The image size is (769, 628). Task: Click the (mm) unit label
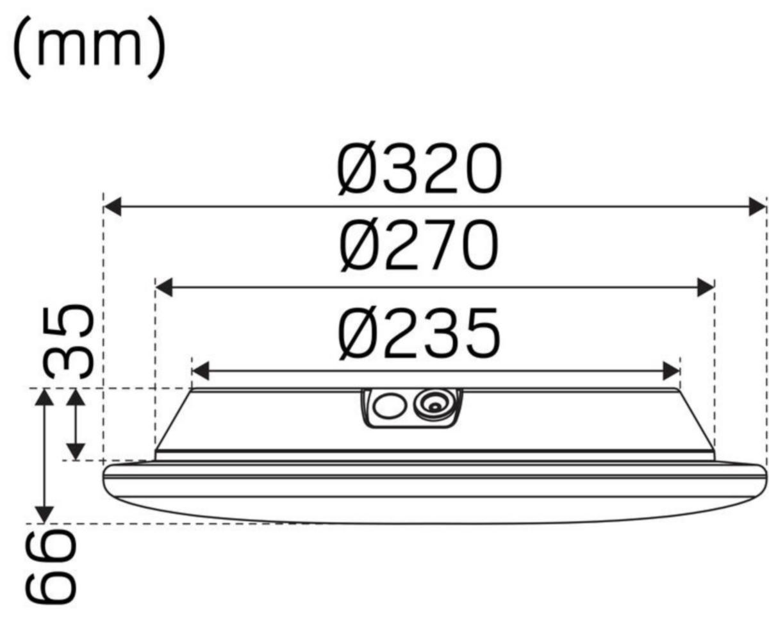[x=89, y=47]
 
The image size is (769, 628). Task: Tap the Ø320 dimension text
[x=420, y=169]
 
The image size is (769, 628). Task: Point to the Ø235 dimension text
[x=419, y=333]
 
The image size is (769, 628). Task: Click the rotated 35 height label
[x=68, y=342]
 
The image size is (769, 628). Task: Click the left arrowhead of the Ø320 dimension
[x=113, y=207]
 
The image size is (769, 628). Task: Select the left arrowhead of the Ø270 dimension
[x=163, y=288]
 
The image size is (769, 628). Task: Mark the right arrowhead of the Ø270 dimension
[x=706, y=288]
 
